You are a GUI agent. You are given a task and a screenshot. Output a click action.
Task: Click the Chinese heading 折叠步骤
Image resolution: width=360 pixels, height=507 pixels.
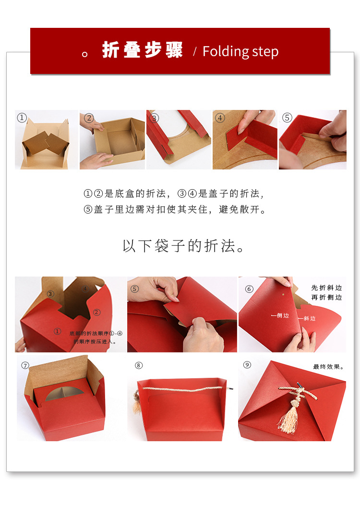[x=143, y=51]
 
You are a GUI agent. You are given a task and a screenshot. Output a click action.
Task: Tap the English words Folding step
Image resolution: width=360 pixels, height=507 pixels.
[x=240, y=51]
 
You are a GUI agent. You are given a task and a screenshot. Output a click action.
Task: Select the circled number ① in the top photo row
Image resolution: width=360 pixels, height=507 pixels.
[x=22, y=117]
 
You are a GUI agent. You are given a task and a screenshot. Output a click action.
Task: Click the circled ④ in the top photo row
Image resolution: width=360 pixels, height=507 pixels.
[x=220, y=118]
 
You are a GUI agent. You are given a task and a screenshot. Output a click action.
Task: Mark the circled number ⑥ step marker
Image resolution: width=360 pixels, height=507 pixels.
[x=249, y=289]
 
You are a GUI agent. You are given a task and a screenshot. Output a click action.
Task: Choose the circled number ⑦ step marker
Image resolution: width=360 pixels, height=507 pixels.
[x=25, y=365]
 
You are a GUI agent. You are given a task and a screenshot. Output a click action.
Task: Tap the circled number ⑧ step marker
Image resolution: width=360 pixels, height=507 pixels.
[x=139, y=365]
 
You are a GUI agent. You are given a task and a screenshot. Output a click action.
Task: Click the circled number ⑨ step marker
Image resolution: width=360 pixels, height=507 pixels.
[x=247, y=365]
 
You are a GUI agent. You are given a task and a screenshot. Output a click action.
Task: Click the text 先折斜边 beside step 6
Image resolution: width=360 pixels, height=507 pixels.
[x=326, y=288]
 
